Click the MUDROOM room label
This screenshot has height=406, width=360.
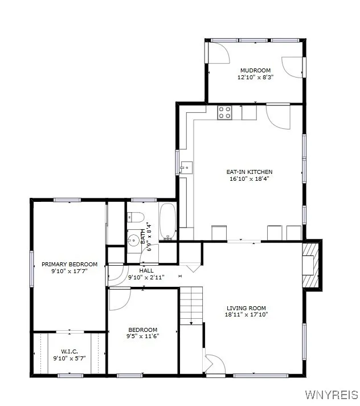255,70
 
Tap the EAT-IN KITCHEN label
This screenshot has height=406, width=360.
249,172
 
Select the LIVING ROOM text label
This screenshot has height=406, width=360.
246,308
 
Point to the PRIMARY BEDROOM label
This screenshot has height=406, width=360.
69,264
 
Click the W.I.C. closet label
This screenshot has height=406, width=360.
69,351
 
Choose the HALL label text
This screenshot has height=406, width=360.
146,270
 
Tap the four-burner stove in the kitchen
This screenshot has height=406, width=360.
224,112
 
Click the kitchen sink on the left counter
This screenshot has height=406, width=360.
186,168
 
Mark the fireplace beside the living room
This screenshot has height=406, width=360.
311,266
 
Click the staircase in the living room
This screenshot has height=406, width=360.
191,305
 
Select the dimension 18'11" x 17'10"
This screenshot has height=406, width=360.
246,314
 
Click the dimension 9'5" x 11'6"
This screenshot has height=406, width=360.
142,336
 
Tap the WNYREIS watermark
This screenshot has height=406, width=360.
332,395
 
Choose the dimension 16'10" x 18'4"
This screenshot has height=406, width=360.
249,178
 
